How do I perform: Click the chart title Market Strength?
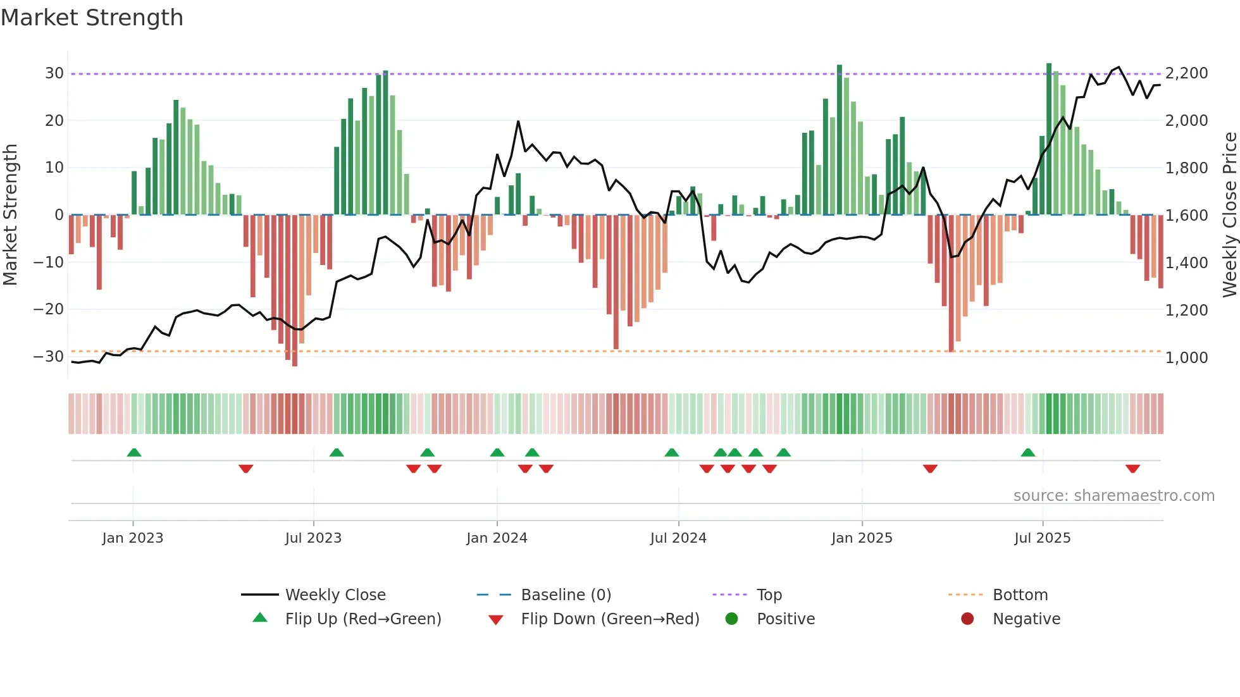coord(92,18)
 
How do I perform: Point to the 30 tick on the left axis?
coord(54,73)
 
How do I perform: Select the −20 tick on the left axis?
coord(48,309)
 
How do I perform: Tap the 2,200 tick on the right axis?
coord(1186,73)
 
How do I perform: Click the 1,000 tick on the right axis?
coord(1186,357)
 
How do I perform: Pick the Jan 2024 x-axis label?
coord(497,538)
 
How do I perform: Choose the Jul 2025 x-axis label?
coord(1042,538)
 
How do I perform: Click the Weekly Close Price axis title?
coord(1229,215)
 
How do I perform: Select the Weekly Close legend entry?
coord(335,595)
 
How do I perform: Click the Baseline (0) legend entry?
coord(566,595)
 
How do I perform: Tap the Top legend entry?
coord(769,595)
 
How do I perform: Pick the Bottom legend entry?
coord(1020,595)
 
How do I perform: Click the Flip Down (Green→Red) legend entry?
coord(609,619)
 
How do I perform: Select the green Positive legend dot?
coord(731,619)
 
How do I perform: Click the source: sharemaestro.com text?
coord(1113,496)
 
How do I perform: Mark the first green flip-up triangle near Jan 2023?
coord(134,453)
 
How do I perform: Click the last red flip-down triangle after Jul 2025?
coord(1132,469)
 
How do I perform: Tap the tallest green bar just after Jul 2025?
coord(1049,139)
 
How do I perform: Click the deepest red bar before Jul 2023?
coord(295,291)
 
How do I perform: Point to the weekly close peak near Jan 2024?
coord(518,121)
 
